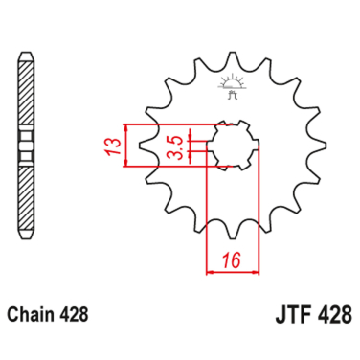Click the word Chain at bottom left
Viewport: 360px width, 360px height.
tap(35, 314)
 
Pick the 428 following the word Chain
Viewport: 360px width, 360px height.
tap(80, 314)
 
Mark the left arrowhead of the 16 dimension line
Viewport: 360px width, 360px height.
tap(211, 271)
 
